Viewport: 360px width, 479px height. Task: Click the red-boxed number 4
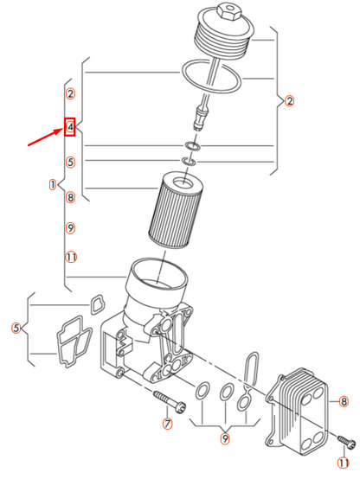click(x=71, y=127)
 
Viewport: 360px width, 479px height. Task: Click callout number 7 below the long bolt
click(x=168, y=424)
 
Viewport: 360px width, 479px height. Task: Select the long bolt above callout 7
click(x=168, y=399)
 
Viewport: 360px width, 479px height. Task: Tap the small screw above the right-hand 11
click(x=345, y=443)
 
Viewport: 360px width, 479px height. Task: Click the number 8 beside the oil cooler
click(x=344, y=401)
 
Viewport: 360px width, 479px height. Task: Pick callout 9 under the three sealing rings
click(x=224, y=439)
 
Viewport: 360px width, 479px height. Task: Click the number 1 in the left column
click(x=53, y=184)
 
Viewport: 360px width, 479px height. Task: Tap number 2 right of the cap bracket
click(x=290, y=101)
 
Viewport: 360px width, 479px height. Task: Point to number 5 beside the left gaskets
click(x=16, y=328)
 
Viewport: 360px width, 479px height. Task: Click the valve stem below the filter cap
click(x=202, y=113)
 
